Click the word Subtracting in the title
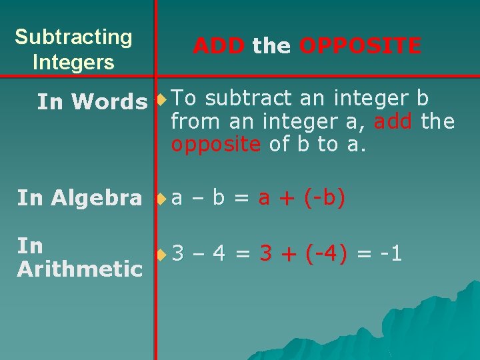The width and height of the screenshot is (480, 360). tap(73, 37)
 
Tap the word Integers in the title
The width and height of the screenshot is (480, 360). tap(73, 63)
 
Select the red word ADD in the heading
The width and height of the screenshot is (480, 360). tap(219, 46)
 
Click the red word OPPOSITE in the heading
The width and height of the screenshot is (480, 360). tap(360, 46)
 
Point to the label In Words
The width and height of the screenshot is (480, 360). tap(92, 102)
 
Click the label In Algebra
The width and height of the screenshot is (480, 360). tap(79, 198)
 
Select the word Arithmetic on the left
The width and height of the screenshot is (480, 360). tap(80, 269)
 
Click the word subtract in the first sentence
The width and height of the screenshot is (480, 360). tap(249, 99)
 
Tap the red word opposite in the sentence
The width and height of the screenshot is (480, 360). tap(215, 145)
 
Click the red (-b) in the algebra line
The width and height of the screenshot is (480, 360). tap(324, 198)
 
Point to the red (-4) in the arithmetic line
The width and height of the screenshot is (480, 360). tap(327, 254)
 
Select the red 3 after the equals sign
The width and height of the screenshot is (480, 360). tap(266, 254)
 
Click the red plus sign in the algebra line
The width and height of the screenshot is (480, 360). tap(287, 198)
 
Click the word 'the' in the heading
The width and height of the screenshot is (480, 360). tap(272, 46)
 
